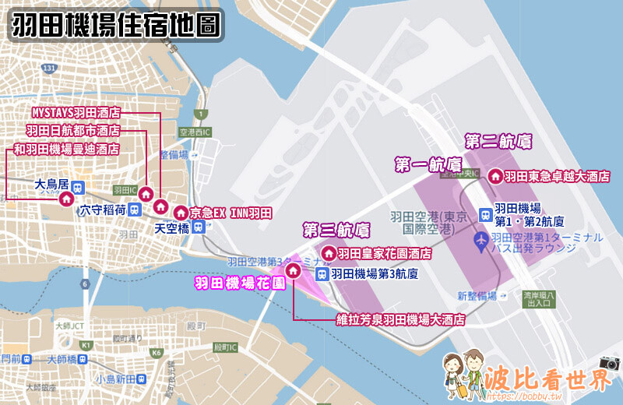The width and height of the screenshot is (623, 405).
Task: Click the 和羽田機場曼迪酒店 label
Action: click(67, 149)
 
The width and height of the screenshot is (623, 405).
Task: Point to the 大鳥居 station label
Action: click(53, 185)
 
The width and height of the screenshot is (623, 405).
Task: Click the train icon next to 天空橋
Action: click(199, 227)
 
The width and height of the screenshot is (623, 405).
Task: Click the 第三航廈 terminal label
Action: click(336, 230)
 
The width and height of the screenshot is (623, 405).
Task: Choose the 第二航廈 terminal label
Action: click(498, 142)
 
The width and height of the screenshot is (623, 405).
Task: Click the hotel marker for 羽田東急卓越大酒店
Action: click(495, 176)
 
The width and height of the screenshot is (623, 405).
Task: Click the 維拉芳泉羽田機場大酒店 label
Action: click(400, 319)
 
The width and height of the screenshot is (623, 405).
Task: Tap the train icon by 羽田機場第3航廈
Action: click(322, 273)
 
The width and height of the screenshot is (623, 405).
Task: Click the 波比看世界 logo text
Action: click(544, 380)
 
